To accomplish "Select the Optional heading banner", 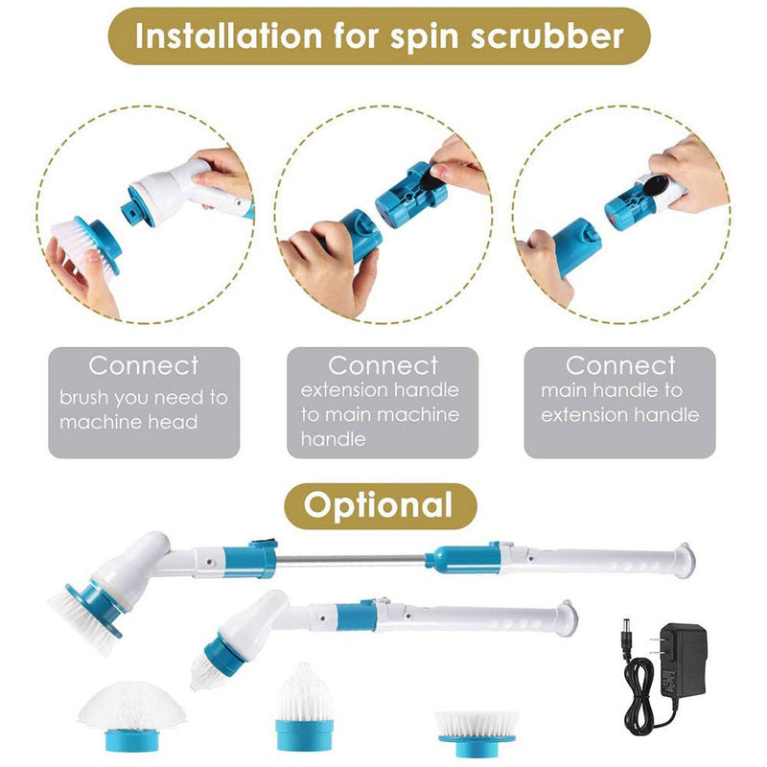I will [381, 504].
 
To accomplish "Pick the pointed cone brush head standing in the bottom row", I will [304, 706].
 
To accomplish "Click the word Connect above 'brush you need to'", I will [144, 365].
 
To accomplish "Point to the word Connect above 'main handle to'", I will [619, 365].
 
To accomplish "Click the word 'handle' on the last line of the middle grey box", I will [333, 440].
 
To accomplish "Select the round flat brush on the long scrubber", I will [84, 609].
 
